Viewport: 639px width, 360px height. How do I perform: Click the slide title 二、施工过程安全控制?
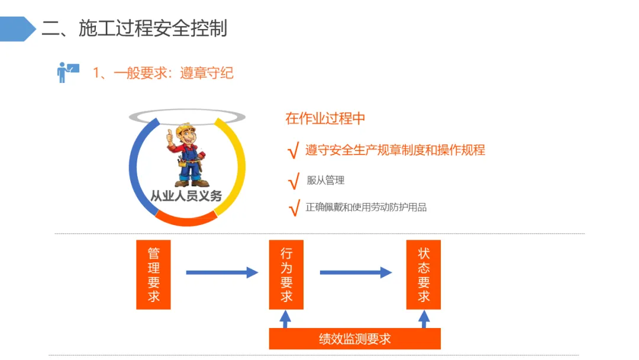click(134, 28)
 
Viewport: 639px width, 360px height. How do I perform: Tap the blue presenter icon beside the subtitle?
click(67, 72)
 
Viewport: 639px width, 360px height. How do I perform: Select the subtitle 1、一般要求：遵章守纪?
click(163, 73)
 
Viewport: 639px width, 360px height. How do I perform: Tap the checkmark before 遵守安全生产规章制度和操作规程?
click(292, 152)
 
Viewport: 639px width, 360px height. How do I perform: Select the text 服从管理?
click(325, 181)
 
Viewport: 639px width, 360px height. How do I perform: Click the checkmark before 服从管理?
click(293, 182)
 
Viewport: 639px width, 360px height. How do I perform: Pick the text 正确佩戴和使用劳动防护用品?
click(366, 207)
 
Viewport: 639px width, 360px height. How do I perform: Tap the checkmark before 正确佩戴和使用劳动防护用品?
click(293, 208)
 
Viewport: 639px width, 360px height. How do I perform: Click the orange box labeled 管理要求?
click(153, 275)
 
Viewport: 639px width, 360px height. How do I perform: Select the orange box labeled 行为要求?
click(286, 275)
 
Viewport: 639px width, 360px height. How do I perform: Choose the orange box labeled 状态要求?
click(424, 275)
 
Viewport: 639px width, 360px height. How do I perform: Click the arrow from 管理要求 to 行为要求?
click(222, 272)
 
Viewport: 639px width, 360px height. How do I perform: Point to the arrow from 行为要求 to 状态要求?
click(356, 272)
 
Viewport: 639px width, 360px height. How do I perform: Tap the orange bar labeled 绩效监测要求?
click(355, 339)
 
